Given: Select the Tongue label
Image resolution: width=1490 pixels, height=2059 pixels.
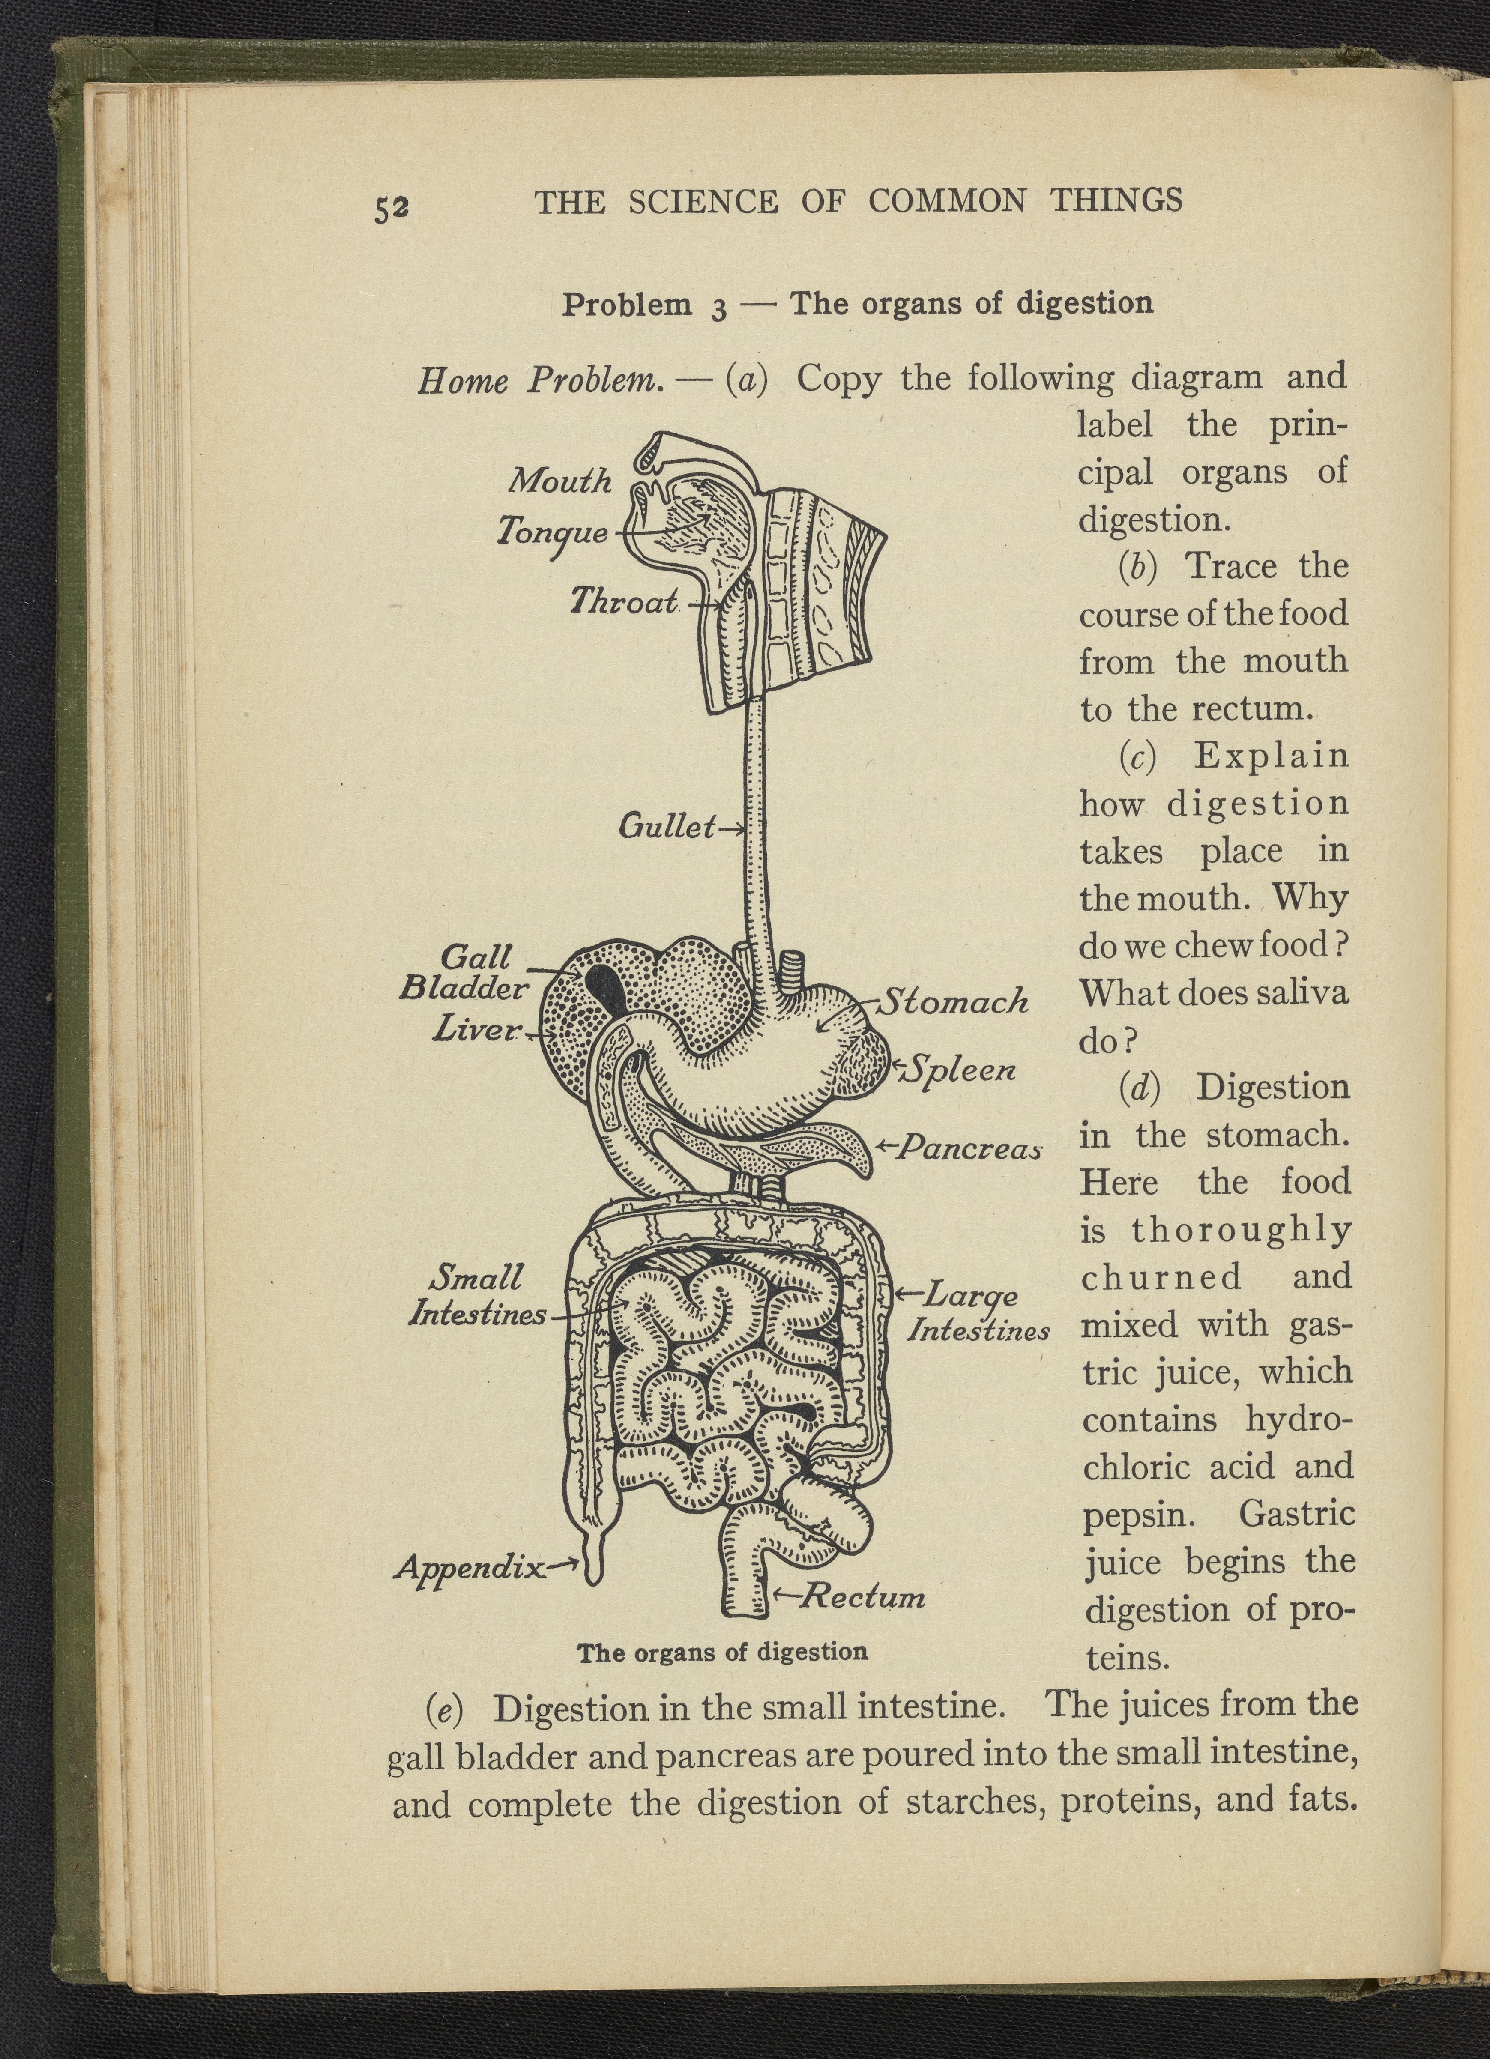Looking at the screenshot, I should (552, 531).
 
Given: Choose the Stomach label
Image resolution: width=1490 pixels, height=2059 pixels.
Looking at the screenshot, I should (955, 1001).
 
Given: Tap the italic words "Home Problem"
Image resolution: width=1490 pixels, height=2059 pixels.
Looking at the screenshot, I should (539, 380).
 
